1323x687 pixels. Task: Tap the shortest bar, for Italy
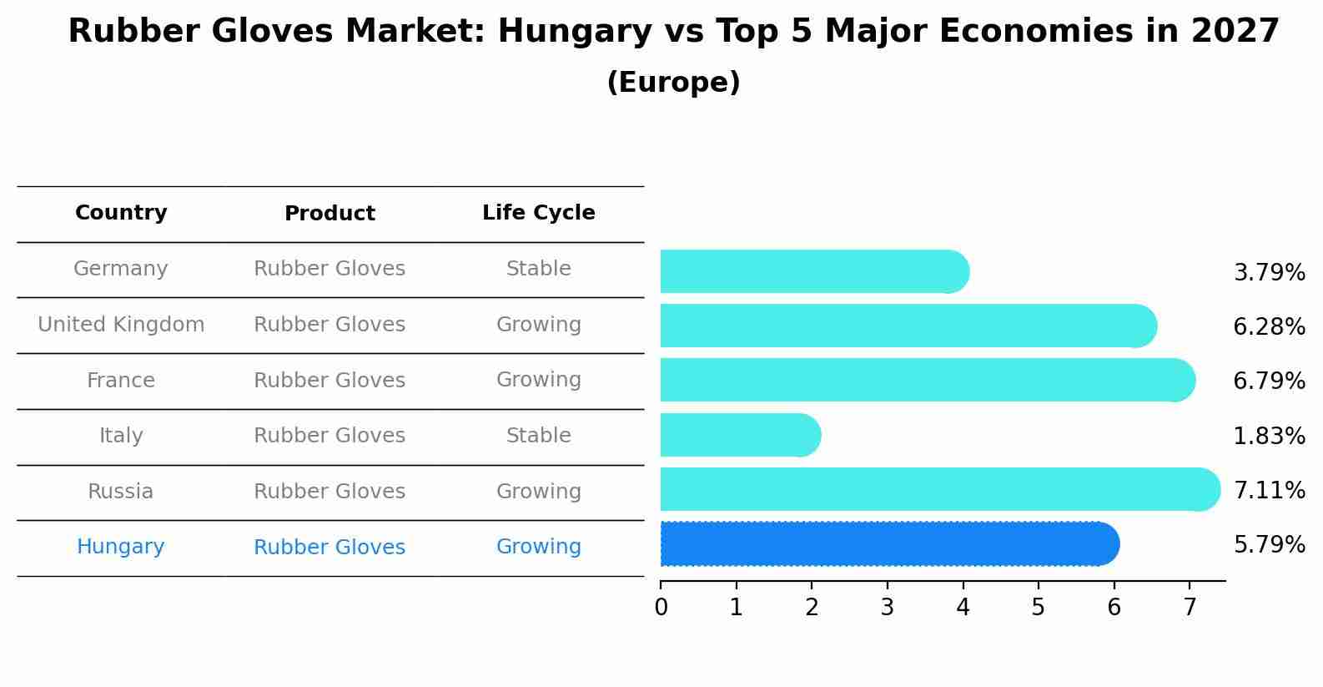point(739,435)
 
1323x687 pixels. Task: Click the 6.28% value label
point(1269,326)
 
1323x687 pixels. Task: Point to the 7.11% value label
point(1269,490)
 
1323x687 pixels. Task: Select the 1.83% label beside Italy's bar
point(1269,436)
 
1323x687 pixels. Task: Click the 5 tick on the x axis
point(1038,608)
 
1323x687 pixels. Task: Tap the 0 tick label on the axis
point(661,608)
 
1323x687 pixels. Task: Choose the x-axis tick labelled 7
point(1190,608)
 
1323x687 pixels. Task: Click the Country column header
point(121,213)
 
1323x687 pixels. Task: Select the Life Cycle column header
point(538,213)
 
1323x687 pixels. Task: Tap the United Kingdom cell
point(121,325)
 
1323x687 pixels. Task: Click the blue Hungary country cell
point(121,547)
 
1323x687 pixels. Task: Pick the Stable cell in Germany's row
point(538,269)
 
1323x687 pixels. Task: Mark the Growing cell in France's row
point(538,380)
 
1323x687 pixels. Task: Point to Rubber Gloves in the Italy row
point(329,436)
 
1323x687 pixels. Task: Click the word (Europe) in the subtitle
point(673,83)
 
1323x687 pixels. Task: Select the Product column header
point(329,214)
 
